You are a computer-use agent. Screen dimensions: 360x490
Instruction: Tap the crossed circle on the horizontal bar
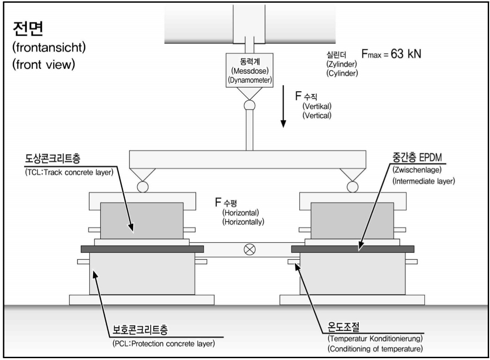tap(250, 249)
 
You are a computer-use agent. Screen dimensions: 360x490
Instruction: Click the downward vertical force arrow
tap(283, 110)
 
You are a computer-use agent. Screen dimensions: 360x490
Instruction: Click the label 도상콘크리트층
tap(55, 162)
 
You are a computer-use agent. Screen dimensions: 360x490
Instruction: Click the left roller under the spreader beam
tap(142, 186)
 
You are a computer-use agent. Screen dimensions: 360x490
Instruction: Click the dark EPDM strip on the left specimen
tap(141, 249)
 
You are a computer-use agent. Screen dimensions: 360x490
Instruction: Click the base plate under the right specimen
tap(352, 300)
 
